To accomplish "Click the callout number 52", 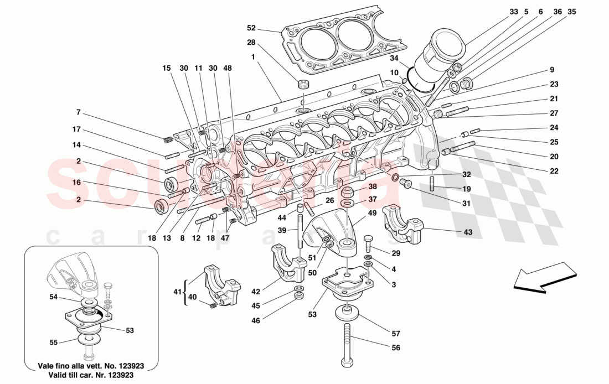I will [x=251, y=28].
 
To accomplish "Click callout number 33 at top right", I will [x=514, y=11].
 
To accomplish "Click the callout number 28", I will [x=251, y=43].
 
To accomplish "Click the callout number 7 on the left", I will [x=79, y=112].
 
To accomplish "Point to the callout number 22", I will [x=554, y=170].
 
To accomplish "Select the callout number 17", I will [x=77, y=129].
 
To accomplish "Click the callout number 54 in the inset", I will [x=54, y=297].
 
